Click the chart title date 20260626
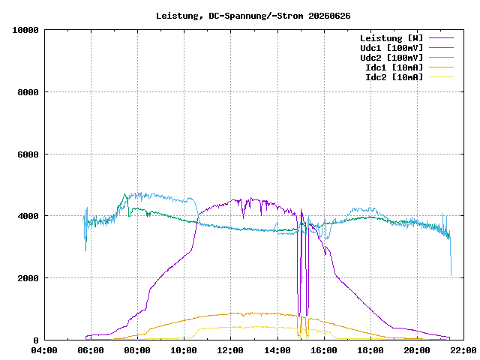coord(329,16)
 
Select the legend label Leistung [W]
coord(391,38)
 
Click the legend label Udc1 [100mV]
coord(391,48)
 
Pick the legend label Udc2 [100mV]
coord(391,58)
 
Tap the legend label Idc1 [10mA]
coord(394,67)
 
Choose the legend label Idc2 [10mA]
coord(394,77)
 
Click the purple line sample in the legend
coord(441,38)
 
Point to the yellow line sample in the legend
coord(441,77)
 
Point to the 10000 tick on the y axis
coord(25,30)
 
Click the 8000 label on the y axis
coord(28,92)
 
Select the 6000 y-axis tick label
coord(28,154)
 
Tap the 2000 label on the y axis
coord(28,278)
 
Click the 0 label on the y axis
coord(36,340)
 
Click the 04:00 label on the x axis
coord(44,350)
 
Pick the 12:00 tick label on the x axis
coord(230,350)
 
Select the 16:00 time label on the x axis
coord(324,350)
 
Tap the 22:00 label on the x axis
coord(463,350)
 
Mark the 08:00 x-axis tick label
coord(137,350)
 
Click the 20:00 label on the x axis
coord(417,350)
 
